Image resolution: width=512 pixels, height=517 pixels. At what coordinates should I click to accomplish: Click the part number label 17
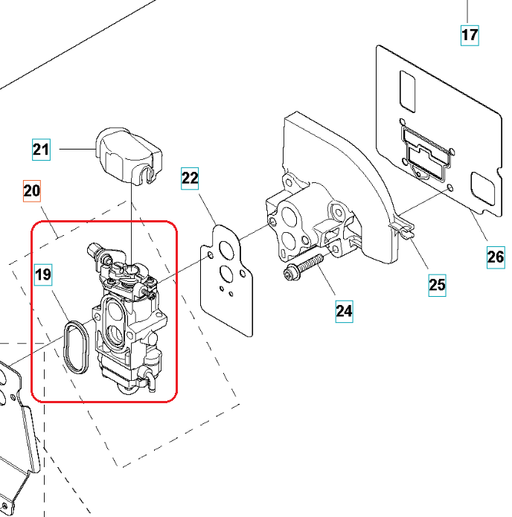(x=470, y=34)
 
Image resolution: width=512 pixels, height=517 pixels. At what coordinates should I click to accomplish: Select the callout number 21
(x=41, y=150)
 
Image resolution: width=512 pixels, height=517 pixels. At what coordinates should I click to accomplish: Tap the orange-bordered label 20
(x=32, y=192)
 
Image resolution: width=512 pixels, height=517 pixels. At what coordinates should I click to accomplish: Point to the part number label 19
(x=43, y=274)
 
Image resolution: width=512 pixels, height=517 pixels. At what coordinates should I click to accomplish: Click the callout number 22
(x=191, y=178)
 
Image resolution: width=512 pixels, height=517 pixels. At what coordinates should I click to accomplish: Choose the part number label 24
(x=344, y=309)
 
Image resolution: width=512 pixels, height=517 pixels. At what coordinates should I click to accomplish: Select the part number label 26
(x=496, y=257)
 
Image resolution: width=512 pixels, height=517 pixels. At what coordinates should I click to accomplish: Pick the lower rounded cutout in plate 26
(x=485, y=190)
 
